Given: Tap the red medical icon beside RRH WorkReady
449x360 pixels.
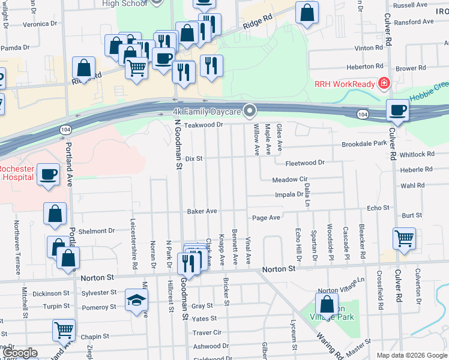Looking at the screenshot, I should (x=382, y=84).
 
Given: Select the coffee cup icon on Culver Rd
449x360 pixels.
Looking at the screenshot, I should (x=397, y=110).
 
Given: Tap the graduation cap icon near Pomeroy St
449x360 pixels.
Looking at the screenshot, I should (x=137, y=298).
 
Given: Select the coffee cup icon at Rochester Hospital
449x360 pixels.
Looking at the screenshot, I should (x=47, y=175).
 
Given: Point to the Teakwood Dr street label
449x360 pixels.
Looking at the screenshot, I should (x=203, y=125).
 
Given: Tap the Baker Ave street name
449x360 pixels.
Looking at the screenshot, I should (x=202, y=211).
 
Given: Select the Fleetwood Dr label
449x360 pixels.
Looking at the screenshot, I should (x=305, y=163).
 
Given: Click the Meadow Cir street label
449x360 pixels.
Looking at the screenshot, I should (x=289, y=179).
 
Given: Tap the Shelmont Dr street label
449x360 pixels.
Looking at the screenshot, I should (x=97, y=231).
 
